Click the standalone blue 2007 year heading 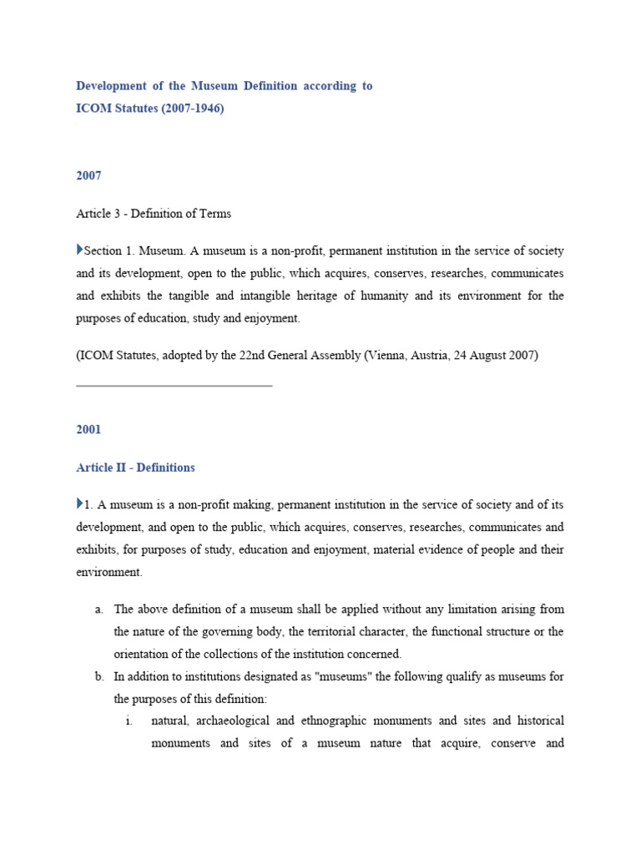click(88, 176)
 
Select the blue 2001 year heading click(88, 429)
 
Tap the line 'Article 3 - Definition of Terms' click(154, 214)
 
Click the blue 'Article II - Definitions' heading click(135, 468)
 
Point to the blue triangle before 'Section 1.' click(79, 250)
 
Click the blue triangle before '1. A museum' click(79, 503)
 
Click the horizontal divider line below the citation click(174, 386)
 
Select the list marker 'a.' click(98, 609)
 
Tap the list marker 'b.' click(98, 676)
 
